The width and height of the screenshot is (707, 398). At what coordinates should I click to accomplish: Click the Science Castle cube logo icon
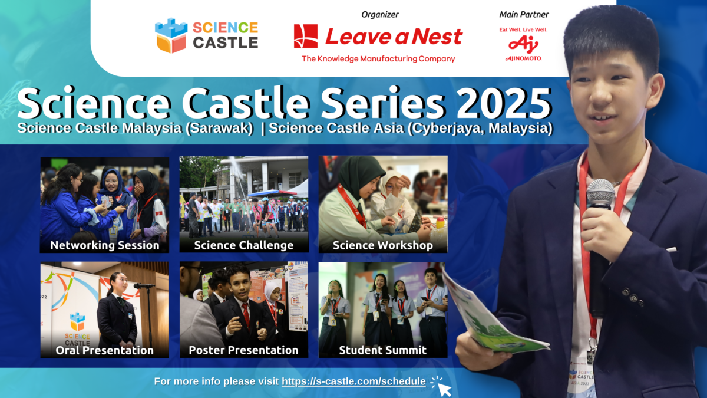[x=170, y=35]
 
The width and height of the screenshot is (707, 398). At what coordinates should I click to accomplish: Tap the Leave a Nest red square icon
[x=306, y=36]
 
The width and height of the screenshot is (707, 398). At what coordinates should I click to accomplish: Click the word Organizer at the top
[x=379, y=14]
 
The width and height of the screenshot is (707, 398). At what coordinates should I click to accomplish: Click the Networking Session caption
[x=105, y=245]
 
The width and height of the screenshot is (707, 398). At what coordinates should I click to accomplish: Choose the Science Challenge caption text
[x=244, y=245]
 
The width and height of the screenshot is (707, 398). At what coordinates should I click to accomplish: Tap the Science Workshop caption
[x=382, y=245]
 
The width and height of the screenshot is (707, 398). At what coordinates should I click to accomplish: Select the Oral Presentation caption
[x=104, y=350]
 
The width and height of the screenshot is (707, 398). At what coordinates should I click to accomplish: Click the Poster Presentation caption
[x=243, y=350]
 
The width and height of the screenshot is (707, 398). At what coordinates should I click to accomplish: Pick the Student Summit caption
[x=382, y=350]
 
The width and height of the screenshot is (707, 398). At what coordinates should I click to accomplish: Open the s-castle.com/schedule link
[x=353, y=381]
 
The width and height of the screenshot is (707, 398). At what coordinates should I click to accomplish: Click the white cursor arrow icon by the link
[x=442, y=386]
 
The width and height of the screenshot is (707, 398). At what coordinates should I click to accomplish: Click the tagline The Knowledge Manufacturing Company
[x=378, y=58]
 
